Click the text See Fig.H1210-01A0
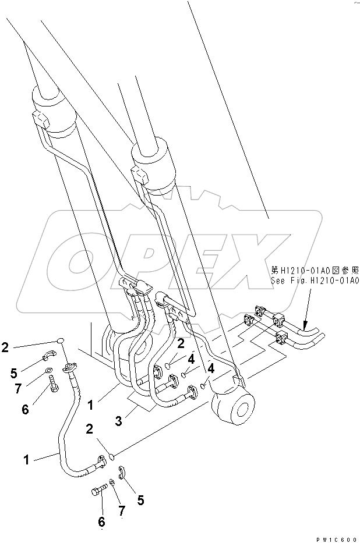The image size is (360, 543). click(x=314, y=281)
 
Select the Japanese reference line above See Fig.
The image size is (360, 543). click(x=314, y=271)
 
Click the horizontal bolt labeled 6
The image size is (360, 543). click(x=100, y=489)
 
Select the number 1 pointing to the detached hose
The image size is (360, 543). click(x=26, y=460)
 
